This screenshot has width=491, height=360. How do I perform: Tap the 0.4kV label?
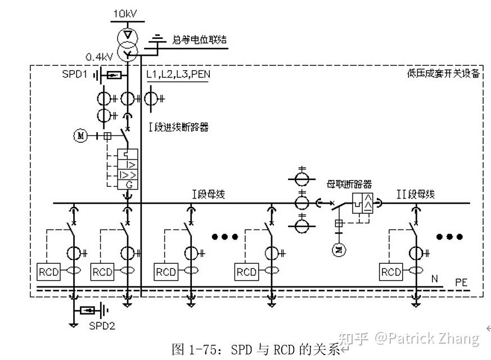98,57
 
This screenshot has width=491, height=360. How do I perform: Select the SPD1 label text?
74,75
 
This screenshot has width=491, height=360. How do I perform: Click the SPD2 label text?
101,325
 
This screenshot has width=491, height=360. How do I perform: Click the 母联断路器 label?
349,184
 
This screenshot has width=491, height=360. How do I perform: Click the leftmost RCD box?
47,272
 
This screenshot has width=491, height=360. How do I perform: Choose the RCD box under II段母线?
391,272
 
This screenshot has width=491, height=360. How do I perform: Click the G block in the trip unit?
128,184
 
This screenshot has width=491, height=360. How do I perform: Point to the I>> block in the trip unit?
128,175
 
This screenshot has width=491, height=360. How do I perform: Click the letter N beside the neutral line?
434,279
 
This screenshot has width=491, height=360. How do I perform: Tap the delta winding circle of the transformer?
128,37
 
